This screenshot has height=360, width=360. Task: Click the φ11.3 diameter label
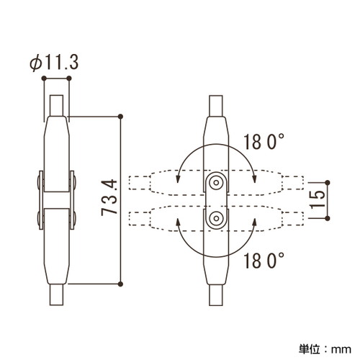coord(54,63)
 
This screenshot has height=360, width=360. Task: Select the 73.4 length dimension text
coord(109,197)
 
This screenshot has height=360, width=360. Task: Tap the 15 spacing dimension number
coord(318,200)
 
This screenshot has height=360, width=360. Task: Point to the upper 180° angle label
coord(264,142)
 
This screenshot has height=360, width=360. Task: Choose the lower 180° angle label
coord(264,261)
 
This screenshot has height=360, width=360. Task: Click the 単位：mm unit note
coord(325,349)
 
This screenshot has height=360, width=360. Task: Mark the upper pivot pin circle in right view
coord(216,183)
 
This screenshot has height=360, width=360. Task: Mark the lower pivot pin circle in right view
coord(216,218)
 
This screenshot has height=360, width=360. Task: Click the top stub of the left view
coord(56,106)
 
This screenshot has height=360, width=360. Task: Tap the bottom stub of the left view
coord(56,294)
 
